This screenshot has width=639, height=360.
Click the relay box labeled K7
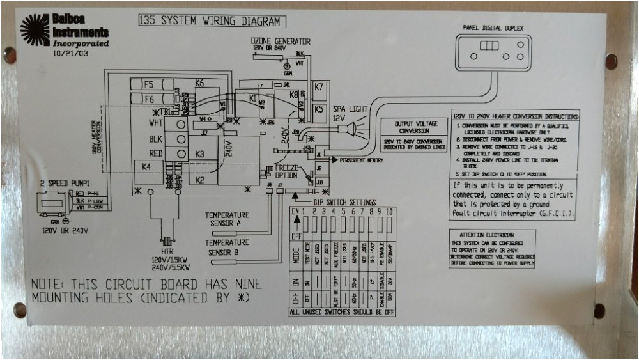point(319,87)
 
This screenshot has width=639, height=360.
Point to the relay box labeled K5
point(319,109)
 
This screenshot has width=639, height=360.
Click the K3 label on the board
point(200,154)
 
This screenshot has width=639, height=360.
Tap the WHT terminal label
point(156,123)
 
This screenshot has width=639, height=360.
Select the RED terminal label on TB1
point(156,153)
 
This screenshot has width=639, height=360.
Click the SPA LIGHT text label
point(350,109)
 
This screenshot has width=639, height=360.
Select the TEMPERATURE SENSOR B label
point(227,247)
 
